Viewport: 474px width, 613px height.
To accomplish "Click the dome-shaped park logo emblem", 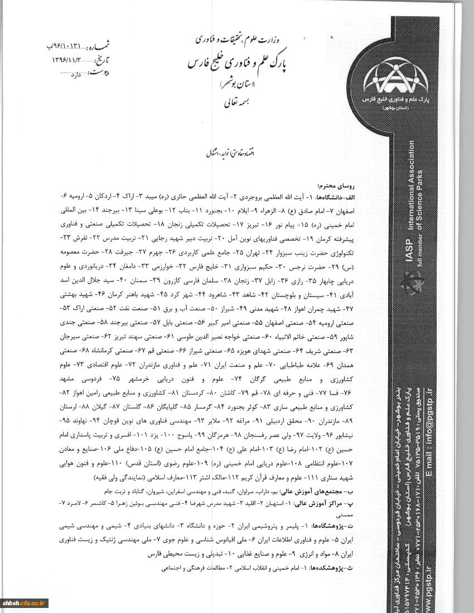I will coord(396,78).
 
